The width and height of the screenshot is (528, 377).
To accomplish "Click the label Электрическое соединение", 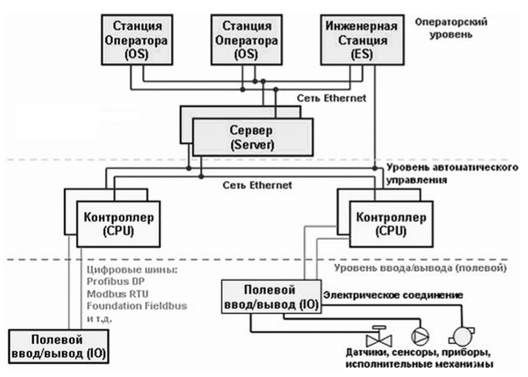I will [x=393, y=295].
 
